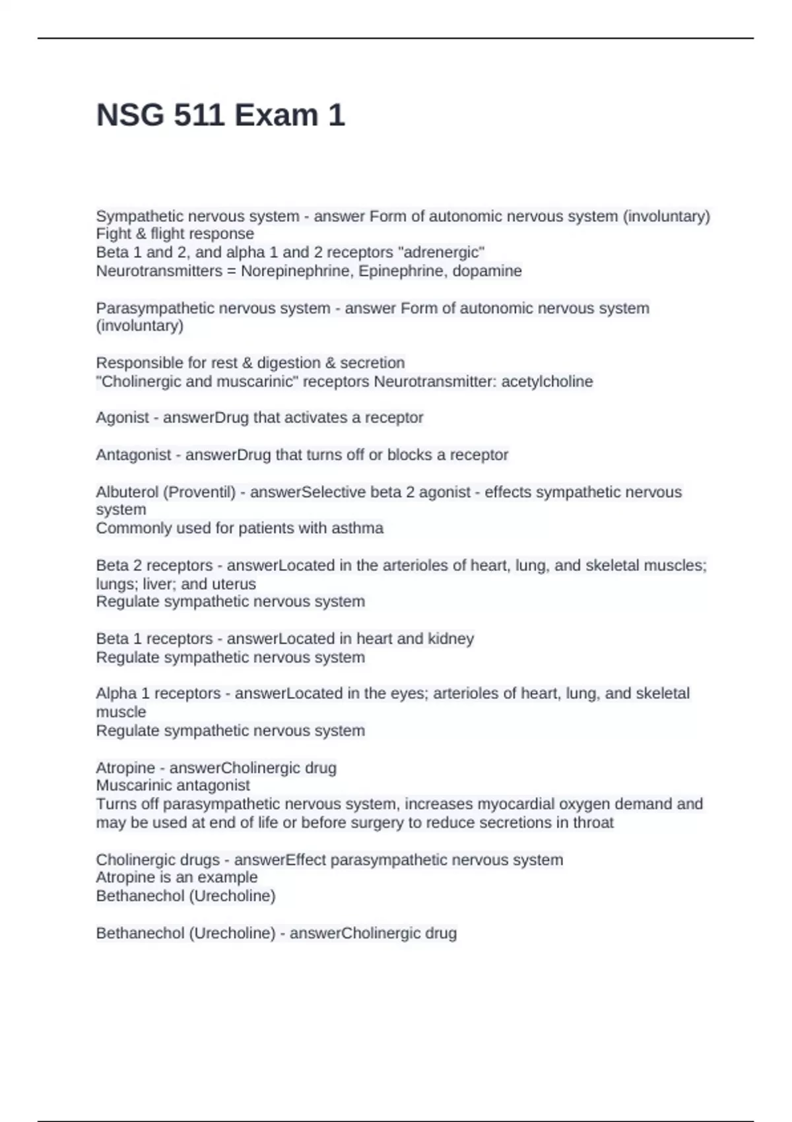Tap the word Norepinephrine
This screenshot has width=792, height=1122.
coord(298,271)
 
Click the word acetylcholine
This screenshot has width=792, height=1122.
coord(547,381)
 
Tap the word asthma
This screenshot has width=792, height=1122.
coord(360,529)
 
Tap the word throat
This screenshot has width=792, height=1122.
coord(592,823)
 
